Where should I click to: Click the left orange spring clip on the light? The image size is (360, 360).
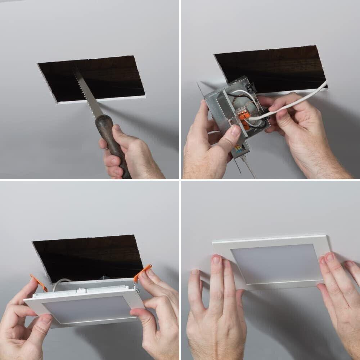click(39, 283)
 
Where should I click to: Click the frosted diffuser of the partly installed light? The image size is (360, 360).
click(86, 310)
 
